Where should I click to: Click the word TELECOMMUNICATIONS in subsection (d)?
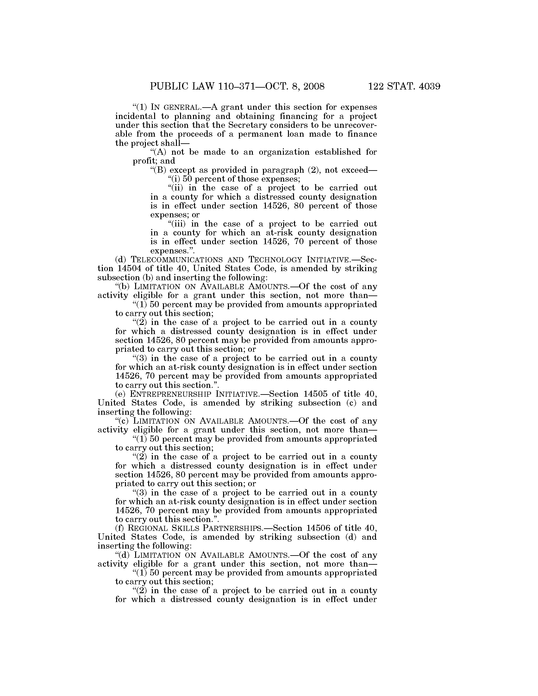coord(165,260)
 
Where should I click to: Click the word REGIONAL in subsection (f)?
coord(144,528)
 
